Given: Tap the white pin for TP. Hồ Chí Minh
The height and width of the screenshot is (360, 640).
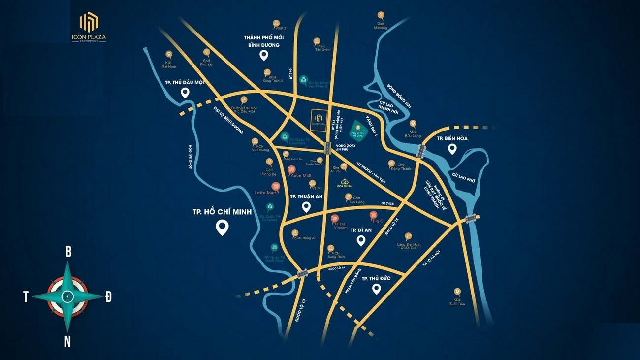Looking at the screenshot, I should (222, 227).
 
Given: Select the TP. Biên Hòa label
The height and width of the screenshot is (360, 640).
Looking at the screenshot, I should (452, 138).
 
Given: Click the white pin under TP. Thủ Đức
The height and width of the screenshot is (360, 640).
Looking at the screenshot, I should (377, 289).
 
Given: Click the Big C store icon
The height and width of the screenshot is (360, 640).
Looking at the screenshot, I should (374, 215).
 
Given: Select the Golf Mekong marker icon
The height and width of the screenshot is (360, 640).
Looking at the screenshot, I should (381, 15).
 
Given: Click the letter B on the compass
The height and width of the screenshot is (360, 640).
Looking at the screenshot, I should (68, 252).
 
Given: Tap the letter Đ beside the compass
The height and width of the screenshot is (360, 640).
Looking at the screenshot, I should (108, 296).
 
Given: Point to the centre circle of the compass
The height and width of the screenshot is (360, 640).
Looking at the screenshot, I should (67, 296).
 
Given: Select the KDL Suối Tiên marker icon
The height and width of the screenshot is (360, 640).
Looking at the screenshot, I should (457, 292).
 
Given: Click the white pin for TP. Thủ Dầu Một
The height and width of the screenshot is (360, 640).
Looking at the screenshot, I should (185, 93).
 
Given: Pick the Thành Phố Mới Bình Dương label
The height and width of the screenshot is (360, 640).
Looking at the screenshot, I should (263, 41).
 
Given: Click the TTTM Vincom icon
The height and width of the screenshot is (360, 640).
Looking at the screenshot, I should (336, 218).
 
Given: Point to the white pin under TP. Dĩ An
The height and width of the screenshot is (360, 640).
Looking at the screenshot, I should (361, 240).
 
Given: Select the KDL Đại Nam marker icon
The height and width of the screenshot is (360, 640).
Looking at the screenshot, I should (169, 55).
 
